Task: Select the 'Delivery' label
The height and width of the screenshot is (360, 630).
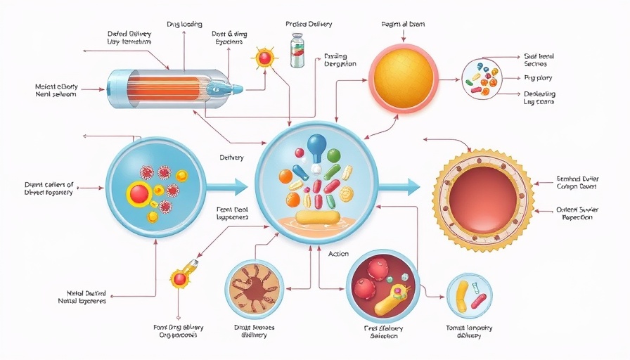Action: click(x=231, y=157)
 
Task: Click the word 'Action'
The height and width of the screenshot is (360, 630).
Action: click(x=338, y=254)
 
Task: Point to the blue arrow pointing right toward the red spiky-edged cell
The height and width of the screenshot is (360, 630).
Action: click(x=399, y=187)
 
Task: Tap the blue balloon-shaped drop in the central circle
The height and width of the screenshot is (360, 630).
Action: click(x=316, y=147)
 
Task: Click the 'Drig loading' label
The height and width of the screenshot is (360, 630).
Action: click(x=184, y=25)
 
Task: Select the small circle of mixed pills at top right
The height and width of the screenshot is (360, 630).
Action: click(x=482, y=77)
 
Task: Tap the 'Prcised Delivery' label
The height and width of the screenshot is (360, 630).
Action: click(x=309, y=25)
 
